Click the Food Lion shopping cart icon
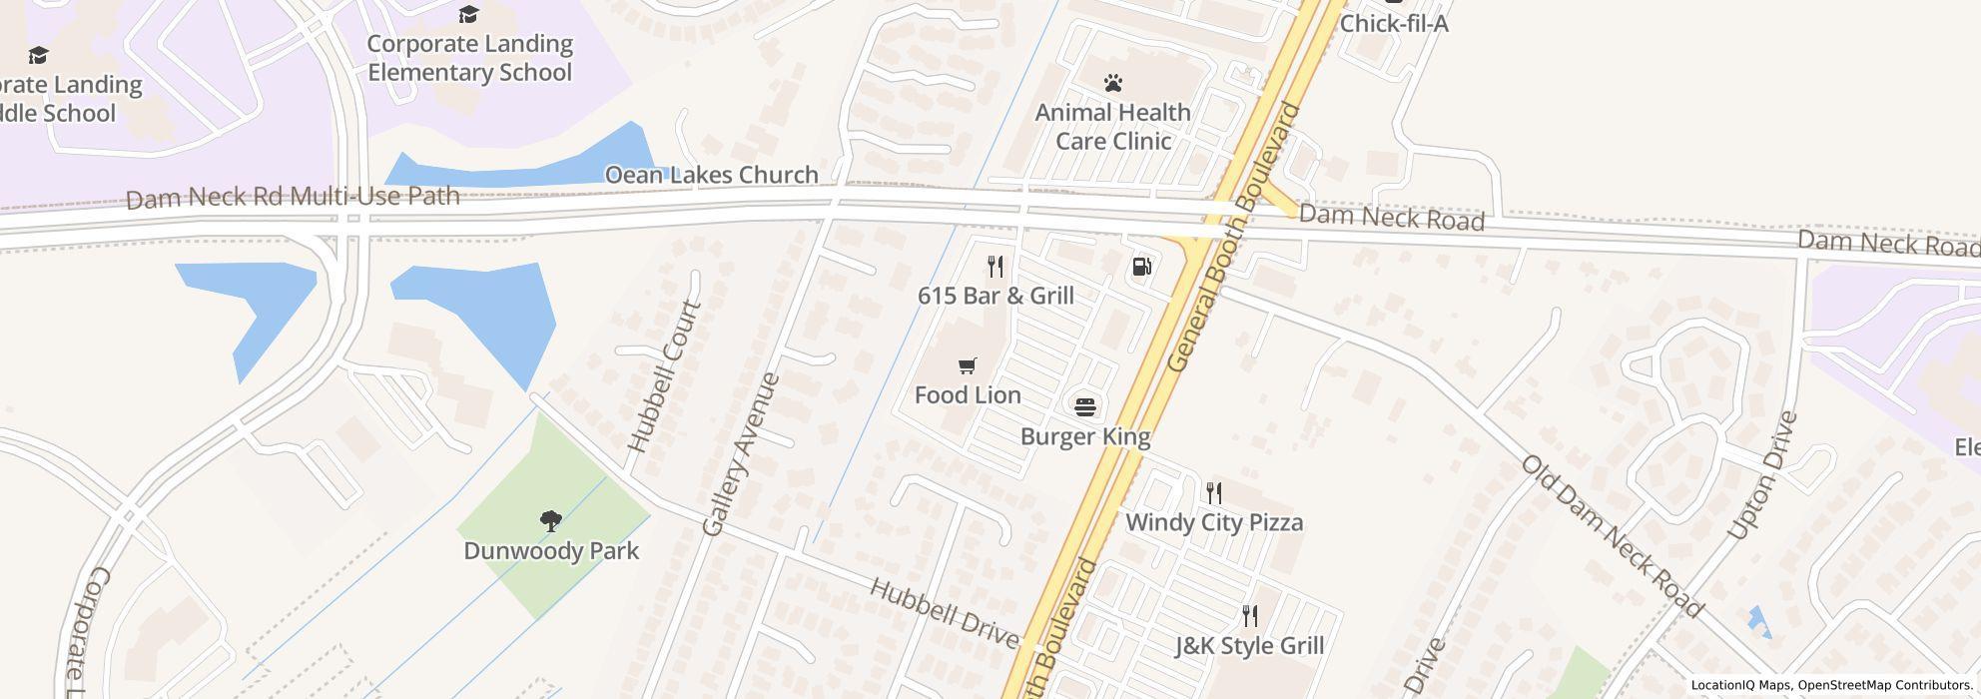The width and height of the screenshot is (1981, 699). point(967,365)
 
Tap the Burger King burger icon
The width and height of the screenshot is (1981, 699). point(1084,406)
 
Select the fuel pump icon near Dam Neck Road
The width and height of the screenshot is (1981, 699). point(1141,267)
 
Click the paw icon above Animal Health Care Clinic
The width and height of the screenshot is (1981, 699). point(1112,83)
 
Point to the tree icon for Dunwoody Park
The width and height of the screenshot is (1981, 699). point(550,520)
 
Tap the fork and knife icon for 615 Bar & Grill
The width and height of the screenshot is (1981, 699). point(994,266)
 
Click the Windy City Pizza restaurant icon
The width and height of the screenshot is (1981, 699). point(1213,492)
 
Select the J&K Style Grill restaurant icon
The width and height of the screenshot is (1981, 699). point(1248,615)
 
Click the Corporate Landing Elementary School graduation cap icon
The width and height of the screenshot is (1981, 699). point(468,14)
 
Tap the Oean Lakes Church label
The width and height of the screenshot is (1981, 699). point(711,175)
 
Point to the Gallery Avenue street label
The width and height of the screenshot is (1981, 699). point(740,454)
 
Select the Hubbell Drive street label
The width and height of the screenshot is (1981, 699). point(944,612)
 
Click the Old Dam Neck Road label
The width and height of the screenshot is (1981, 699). point(1611,535)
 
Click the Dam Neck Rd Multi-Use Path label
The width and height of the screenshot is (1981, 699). point(293,197)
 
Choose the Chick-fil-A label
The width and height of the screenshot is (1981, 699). point(1393,23)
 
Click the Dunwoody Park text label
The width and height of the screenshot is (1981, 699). point(551,550)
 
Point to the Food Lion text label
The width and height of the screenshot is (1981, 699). point(968,395)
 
